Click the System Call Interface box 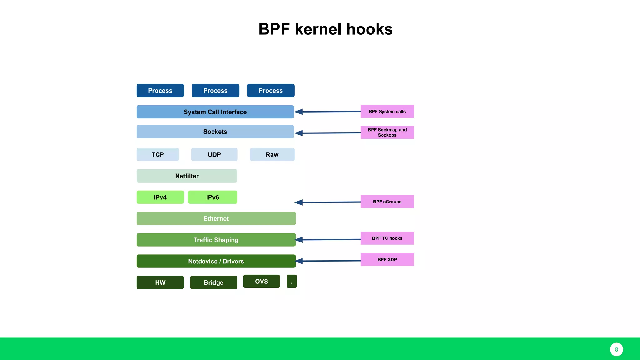point(215,112)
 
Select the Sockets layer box point(215,132)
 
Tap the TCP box point(157,154)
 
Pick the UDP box point(214,154)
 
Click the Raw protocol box point(272,154)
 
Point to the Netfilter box point(187,176)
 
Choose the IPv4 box point(160,197)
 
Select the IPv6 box point(212,197)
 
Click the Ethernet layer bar point(216,218)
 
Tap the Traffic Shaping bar point(216,240)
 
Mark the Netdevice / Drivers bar point(216,261)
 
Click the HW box point(160,282)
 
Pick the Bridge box point(213,282)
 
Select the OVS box point(261,281)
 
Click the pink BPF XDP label point(387,260)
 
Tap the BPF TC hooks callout point(387,238)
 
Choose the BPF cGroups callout point(387,202)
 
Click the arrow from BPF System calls point(328,112)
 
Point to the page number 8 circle point(616,349)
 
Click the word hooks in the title point(369,29)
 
